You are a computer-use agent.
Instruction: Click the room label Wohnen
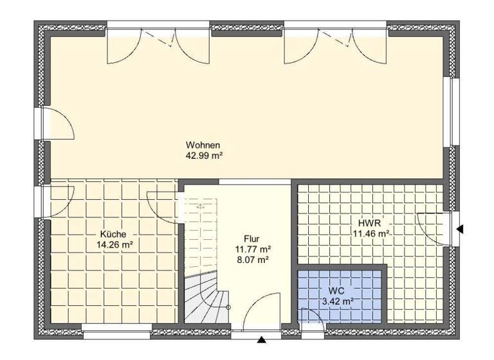204,144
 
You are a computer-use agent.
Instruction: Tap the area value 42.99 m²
204,155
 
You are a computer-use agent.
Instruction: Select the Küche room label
113,234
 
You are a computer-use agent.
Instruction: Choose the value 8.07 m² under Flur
252,260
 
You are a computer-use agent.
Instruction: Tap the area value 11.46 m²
369,233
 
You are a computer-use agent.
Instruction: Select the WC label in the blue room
336,290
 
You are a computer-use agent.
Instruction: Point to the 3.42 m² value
336,301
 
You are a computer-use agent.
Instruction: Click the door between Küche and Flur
163,206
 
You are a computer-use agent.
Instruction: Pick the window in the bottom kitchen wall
117,334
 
